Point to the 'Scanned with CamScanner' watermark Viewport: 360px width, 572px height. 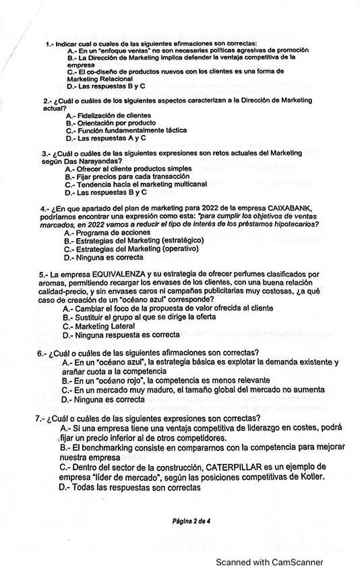click(x=269, y=562)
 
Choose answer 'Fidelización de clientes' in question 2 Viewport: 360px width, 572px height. click(x=108, y=115)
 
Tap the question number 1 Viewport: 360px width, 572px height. click(x=48, y=44)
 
